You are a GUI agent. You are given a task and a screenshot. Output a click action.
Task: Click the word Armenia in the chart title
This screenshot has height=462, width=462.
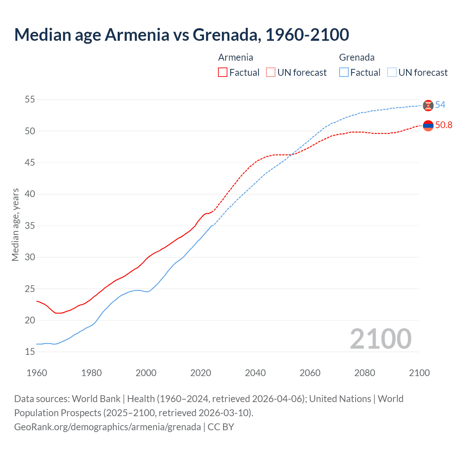[x=137, y=35]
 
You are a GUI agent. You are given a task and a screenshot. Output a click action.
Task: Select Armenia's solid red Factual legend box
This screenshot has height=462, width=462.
[x=223, y=72]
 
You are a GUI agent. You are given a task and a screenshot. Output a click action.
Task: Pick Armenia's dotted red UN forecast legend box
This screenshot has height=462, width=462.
[x=271, y=72]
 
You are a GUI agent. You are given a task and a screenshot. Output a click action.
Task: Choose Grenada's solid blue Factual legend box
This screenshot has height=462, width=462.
[x=344, y=72]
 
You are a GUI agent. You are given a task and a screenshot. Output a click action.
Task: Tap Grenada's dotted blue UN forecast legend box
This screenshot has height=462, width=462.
[x=392, y=72]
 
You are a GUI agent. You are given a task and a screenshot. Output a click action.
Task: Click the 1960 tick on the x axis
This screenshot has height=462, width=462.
[x=37, y=373]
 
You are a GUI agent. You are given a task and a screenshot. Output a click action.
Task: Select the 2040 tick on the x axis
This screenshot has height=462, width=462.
[x=255, y=373]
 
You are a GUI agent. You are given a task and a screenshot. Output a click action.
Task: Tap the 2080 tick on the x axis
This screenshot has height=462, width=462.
[x=365, y=373]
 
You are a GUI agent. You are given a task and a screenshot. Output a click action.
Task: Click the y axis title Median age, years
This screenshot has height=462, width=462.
[x=15, y=225]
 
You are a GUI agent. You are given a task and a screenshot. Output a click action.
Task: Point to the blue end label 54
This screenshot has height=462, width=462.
[x=440, y=105]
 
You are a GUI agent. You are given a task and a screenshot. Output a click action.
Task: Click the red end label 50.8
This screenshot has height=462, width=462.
[x=444, y=125]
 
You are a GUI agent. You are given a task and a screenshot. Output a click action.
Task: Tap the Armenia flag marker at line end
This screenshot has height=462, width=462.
[x=428, y=126]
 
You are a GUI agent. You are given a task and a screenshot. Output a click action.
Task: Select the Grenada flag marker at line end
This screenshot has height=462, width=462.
[x=428, y=105]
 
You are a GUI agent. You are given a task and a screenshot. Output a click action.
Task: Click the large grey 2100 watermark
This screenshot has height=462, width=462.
[x=380, y=339]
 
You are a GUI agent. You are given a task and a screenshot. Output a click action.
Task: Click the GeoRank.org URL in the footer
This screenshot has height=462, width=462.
[x=107, y=427]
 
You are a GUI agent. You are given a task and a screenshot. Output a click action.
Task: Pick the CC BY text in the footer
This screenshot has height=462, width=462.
[x=221, y=427]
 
